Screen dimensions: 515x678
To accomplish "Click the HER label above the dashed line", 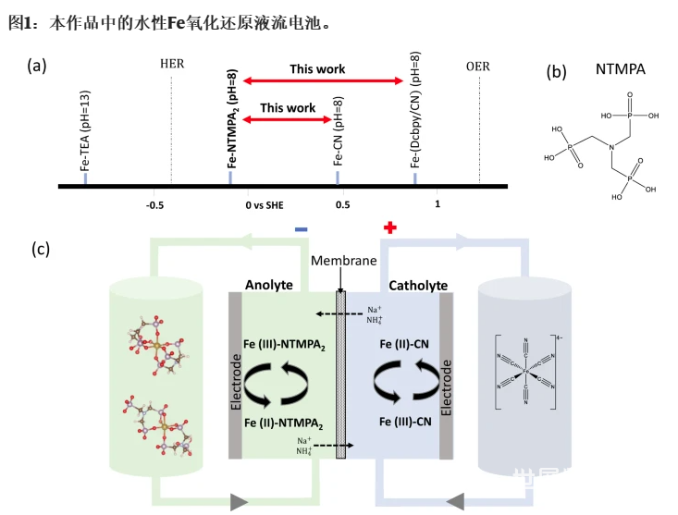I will point(172,64).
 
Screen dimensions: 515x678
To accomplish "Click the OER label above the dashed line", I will point(478,66).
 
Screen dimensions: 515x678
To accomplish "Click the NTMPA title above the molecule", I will point(621,69).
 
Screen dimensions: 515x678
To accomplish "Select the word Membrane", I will point(343,261).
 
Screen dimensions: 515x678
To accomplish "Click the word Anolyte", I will point(269,283).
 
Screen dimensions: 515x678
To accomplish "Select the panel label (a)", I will point(36,64).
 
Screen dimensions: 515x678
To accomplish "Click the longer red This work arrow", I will point(317,80).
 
